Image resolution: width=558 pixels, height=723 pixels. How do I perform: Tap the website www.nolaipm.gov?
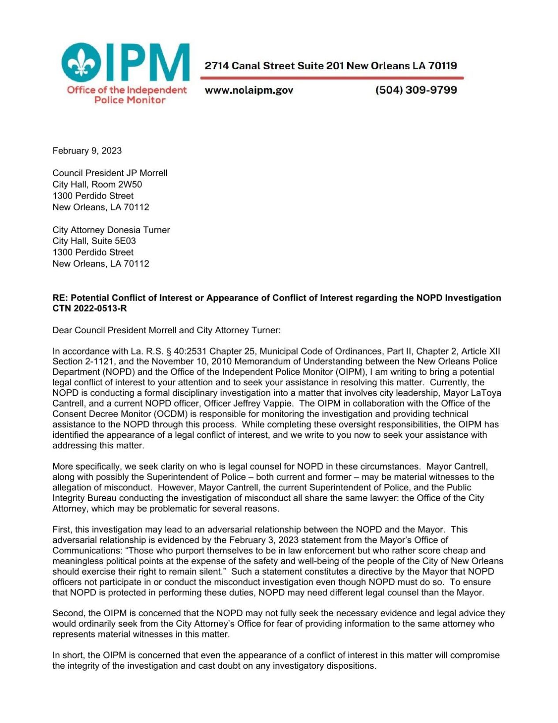pyautogui.click(x=249, y=90)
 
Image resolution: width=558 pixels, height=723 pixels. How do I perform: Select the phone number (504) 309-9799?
pyautogui.click(x=416, y=90)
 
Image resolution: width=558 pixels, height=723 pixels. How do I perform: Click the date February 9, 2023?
pyautogui.click(x=87, y=151)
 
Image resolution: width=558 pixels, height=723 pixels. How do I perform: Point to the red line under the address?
pyautogui.click(x=332, y=78)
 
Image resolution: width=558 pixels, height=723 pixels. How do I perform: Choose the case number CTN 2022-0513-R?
pyautogui.click(x=90, y=309)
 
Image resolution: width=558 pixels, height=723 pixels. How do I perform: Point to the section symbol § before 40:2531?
pyautogui.click(x=169, y=351)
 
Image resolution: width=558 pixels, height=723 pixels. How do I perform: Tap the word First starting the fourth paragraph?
pyautogui.click(x=61, y=530)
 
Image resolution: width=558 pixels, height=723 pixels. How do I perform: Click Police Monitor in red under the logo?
pyautogui.click(x=130, y=100)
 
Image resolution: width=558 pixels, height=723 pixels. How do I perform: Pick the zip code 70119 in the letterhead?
pyautogui.click(x=442, y=66)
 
